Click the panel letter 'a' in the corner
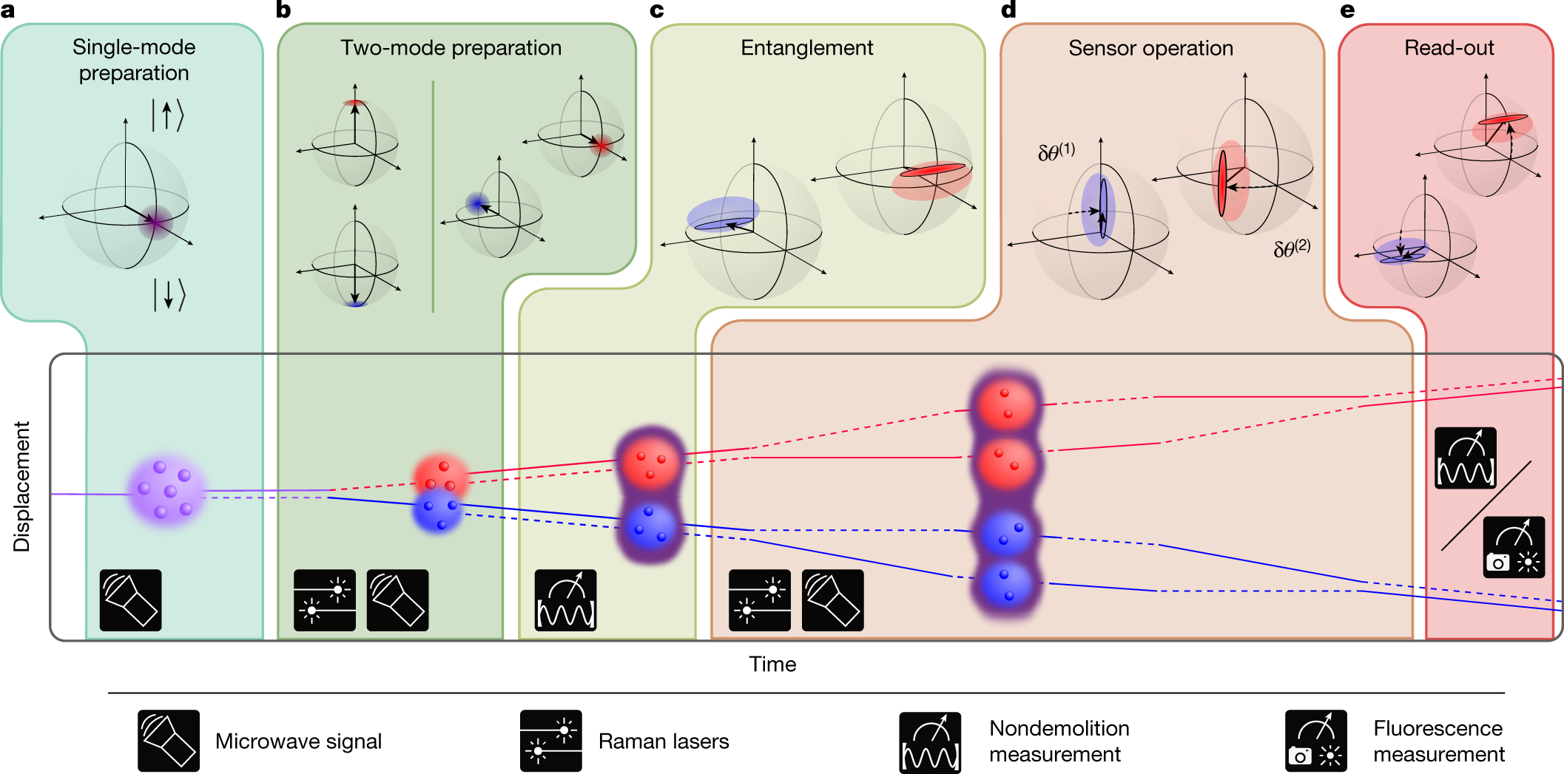[x=8, y=10]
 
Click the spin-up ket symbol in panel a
[x=167, y=115]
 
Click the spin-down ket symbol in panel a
[x=169, y=294]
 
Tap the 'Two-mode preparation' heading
[x=451, y=48]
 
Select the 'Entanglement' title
[x=806, y=48]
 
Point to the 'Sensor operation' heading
[x=1150, y=49]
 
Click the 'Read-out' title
[x=1449, y=48]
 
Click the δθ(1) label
[x=1056, y=152]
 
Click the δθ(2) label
[x=1292, y=248]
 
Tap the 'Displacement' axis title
[x=22, y=486]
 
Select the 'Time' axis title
[x=772, y=664]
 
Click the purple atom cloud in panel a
[x=166, y=491]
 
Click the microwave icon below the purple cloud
[x=131, y=600]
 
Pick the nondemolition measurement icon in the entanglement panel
[x=565, y=600]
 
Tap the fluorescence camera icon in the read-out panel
[x=1514, y=547]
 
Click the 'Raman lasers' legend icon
[x=550, y=741]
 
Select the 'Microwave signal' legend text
[x=298, y=741]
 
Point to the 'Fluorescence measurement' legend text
[x=1438, y=741]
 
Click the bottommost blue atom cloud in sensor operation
[x=1005, y=584]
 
